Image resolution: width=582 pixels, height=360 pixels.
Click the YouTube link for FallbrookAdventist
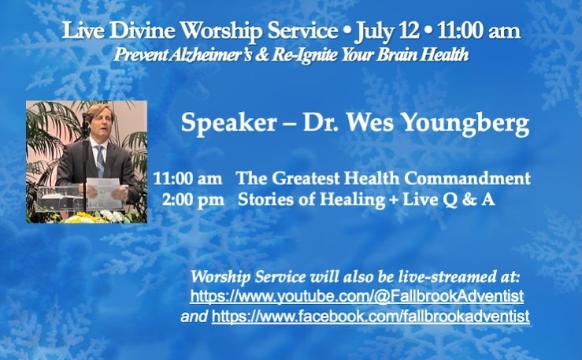point(357,296)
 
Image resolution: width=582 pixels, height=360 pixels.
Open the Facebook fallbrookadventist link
point(370,317)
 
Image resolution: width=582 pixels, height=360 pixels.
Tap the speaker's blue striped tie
point(100,161)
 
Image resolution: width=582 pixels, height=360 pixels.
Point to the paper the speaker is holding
point(103,187)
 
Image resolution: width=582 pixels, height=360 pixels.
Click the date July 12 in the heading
point(387,32)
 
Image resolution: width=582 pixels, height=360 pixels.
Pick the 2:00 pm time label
point(194,200)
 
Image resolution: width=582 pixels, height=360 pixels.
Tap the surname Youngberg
point(465,123)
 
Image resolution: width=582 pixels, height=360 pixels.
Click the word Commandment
point(467,178)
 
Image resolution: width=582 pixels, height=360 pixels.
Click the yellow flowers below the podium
point(80,217)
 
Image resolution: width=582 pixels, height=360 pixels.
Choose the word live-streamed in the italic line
point(445,276)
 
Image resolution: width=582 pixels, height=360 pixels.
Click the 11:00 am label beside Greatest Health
point(187,179)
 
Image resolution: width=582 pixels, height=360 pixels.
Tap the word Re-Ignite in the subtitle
point(305,55)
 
